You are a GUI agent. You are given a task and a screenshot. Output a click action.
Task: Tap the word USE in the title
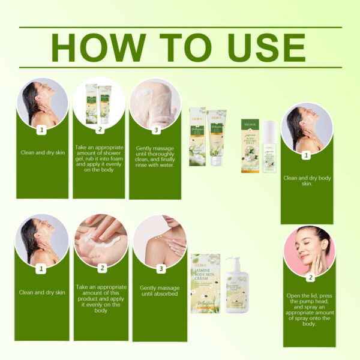tap(257, 47)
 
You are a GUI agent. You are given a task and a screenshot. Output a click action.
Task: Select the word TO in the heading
tap(175, 47)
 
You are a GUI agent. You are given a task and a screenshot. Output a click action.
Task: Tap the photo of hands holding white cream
tap(101, 241)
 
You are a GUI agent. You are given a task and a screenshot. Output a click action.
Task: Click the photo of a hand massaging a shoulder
tap(159, 241)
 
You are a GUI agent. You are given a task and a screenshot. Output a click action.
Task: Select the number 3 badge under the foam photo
tap(155, 130)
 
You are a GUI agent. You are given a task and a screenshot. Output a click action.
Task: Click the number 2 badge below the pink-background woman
tap(310, 278)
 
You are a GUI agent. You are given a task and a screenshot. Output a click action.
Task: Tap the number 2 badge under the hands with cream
tap(101, 268)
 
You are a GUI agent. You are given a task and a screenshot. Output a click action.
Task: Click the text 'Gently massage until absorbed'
tap(159, 292)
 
